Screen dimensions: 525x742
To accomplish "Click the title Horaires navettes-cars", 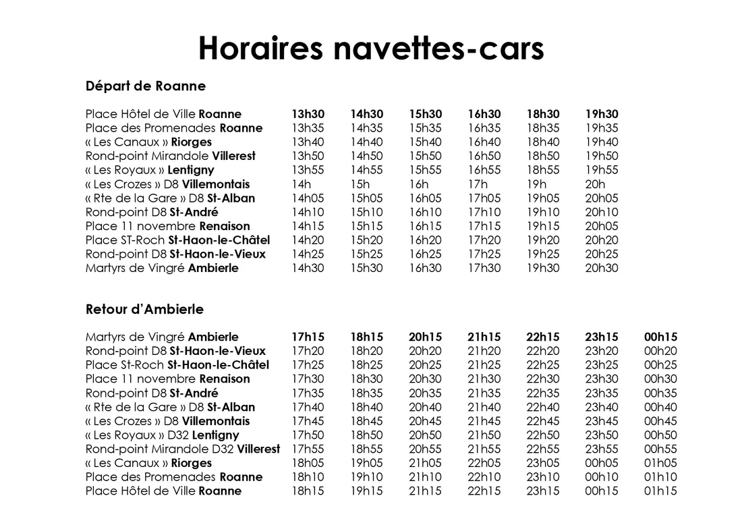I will click(x=371, y=48).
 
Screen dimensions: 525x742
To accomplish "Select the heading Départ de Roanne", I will click(x=146, y=86).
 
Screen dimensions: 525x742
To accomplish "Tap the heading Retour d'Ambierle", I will click(x=144, y=310).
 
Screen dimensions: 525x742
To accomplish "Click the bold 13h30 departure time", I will click(x=308, y=114).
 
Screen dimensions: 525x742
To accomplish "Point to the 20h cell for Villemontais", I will click(x=595, y=184).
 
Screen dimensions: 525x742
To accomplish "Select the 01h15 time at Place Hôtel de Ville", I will click(x=660, y=491).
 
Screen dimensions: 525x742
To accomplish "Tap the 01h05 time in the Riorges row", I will click(x=660, y=463).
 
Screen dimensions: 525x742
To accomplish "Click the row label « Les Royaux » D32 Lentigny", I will click(x=162, y=435).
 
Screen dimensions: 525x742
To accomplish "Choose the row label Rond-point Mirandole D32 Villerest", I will click(x=182, y=449).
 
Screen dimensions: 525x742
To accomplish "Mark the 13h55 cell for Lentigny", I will click(x=308, y=170).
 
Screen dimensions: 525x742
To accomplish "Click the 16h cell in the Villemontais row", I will click(x=418, y=184).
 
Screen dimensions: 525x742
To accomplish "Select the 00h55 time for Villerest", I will click(x=660, y=449).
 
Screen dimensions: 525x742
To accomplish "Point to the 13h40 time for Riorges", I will click(x=308, y=142).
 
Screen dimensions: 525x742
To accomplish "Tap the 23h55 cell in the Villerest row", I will click(x=602, y=449).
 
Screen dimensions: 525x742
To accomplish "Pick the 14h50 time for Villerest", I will click(x=366, y=157).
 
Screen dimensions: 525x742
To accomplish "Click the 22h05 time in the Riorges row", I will click(x=484, y=463).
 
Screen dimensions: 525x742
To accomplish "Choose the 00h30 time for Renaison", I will click(x=660, y=379).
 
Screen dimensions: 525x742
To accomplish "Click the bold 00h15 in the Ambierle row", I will click(x=660, y=337).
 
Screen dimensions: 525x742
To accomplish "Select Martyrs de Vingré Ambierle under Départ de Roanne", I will click(x=162, y=269).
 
